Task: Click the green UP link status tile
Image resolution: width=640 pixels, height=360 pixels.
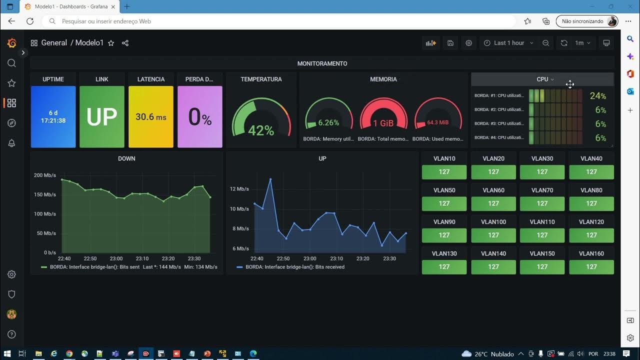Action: pyautogui.click(x=102, y=117)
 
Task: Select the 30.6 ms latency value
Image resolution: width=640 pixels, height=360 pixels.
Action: pyautogui.click(x=150, y=117)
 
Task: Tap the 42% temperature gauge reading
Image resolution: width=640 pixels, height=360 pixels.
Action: pyautogui.click(x=261, y=130)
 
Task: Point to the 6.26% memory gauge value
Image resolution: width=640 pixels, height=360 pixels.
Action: pyautogui.click(x=328, y=122)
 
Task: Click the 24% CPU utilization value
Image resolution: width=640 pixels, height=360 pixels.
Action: pyautogui.click(x=597, y=96)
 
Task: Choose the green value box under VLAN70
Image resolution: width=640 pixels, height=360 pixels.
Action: pyautogui.click(x=542, y=203)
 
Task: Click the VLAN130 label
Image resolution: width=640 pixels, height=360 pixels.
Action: pyautogui.click(x=444, y=253)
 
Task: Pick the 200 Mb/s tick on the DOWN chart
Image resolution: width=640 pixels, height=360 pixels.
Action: pyautogui.click(x=45, y=175)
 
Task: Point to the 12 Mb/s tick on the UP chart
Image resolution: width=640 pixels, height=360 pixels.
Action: pyautogui.click(x=239, y=189)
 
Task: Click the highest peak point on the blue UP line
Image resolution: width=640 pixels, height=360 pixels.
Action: pyautogui.click(x=270, y=179)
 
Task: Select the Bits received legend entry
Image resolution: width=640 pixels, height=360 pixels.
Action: pyautogui.click(x=294, y=267)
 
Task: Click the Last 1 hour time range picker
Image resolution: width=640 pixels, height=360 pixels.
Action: pyautogui.click(x=508, y=43)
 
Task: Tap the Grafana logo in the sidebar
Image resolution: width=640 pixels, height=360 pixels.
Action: pyautogui.click(x=11, y=43)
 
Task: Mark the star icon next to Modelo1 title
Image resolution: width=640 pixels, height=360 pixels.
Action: pyautogui.click(x=111, y=43)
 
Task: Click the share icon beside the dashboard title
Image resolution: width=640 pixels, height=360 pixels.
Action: pyautogui.click(x=125, y=43)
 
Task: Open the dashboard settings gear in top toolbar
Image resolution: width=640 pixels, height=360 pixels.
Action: pyautogui.click(x=468, y=43)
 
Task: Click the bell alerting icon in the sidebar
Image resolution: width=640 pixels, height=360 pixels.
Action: pyautogui.click(x=11, y=143)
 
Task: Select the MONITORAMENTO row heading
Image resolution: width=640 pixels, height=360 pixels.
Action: pyautogui.click(x=322, y=63)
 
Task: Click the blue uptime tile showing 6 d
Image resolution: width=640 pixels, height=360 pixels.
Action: pyautogui.click(x=53, y=117)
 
